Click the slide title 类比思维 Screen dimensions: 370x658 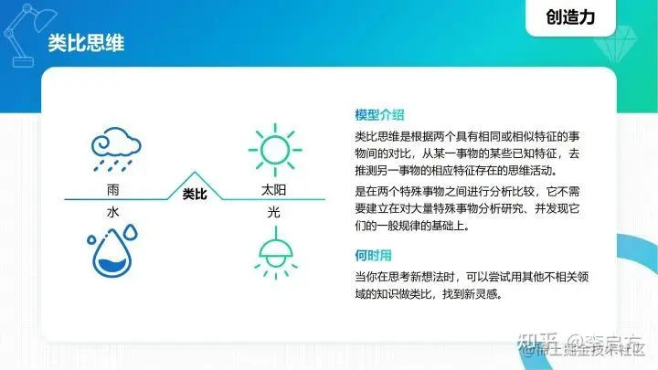point(86,44)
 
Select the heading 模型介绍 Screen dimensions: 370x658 point(380,115)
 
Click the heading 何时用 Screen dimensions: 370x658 point(374,256)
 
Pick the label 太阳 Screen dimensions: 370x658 point(273,191)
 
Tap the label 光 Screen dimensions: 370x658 point(273,211)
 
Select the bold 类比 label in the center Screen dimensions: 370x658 point(194,194)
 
